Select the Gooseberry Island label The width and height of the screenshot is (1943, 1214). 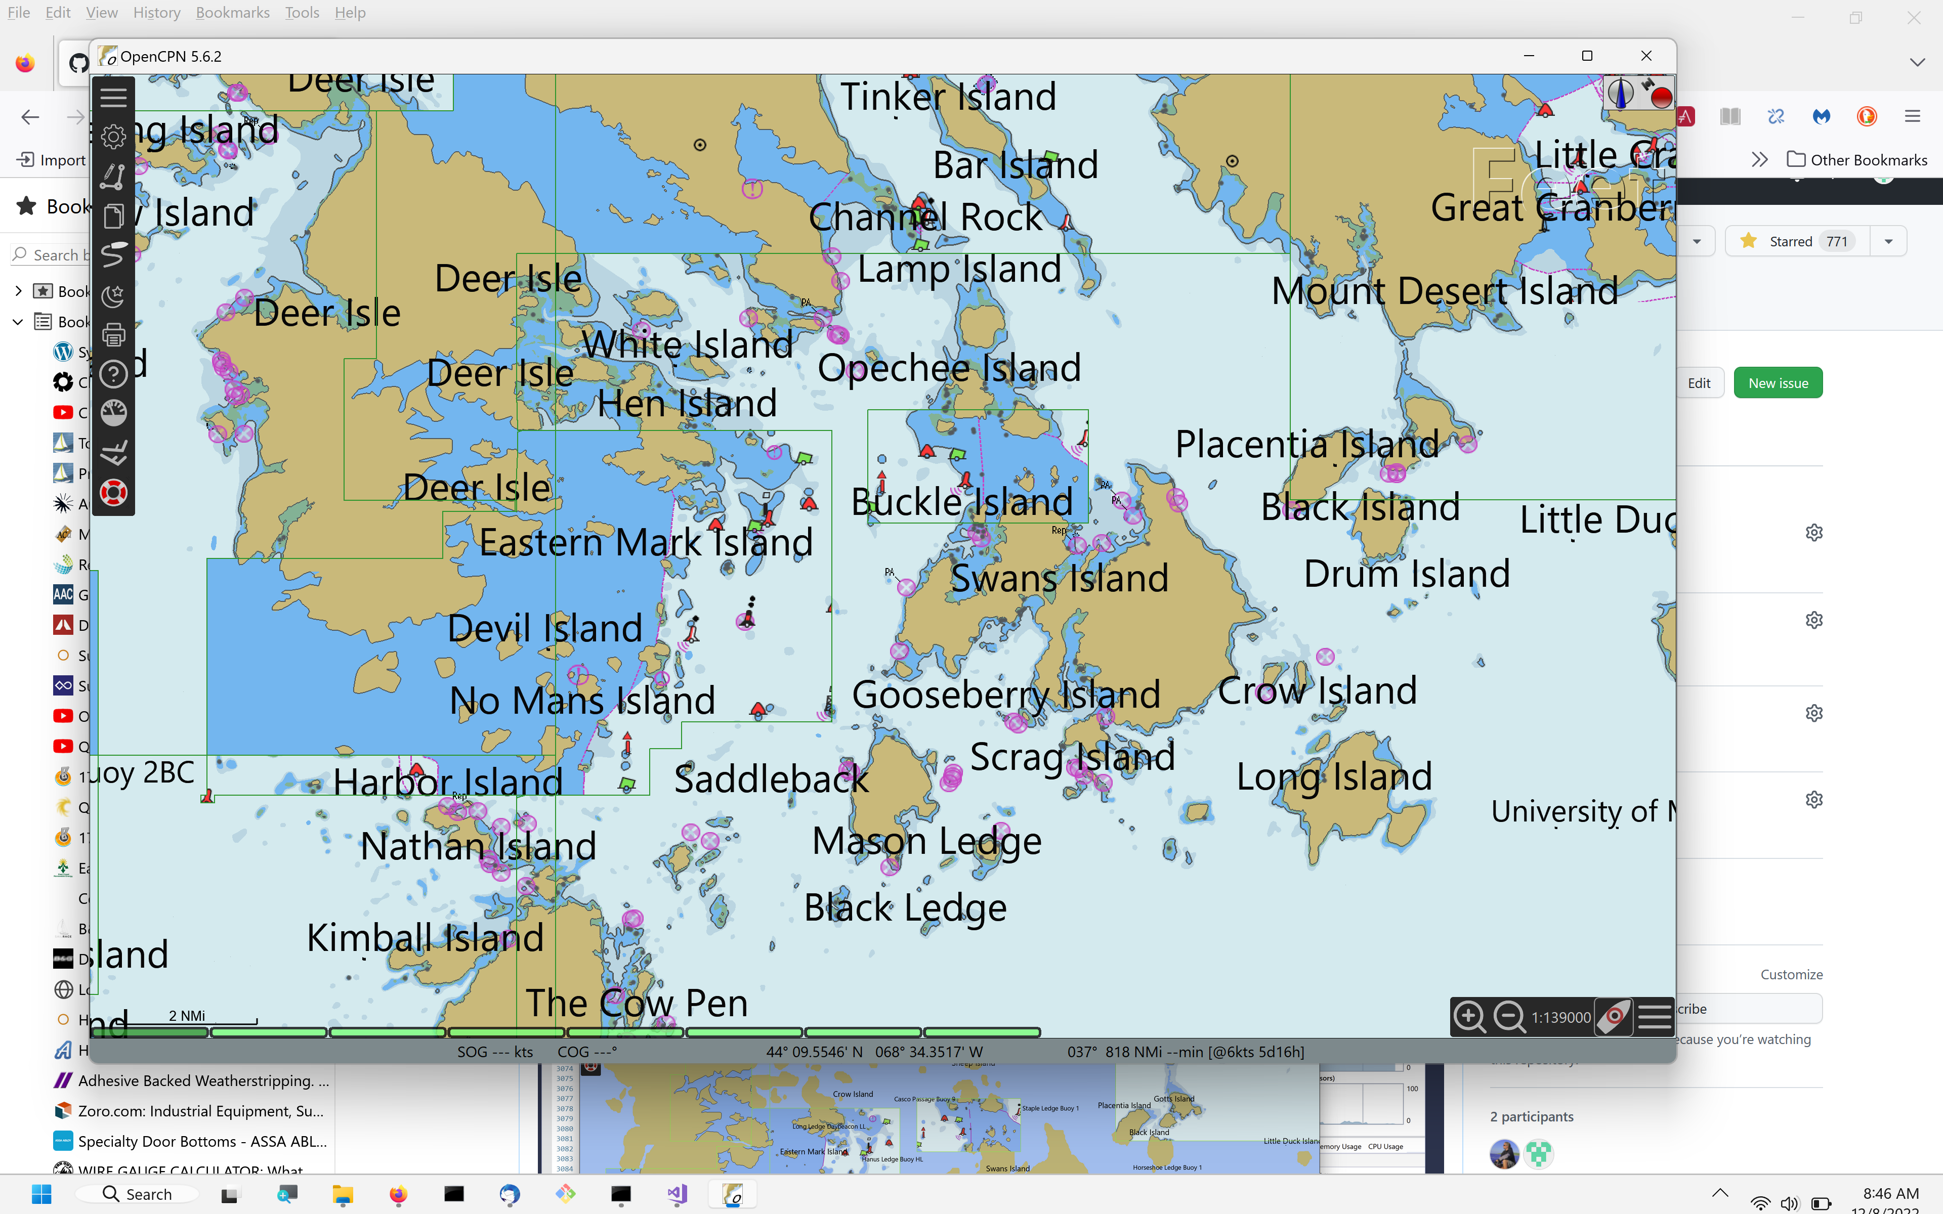point(1005,695)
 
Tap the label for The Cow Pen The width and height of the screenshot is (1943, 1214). point(636,1003)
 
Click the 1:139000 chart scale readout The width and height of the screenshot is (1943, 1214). point(1560,1017)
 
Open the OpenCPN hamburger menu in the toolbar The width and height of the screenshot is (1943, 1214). point(113,97)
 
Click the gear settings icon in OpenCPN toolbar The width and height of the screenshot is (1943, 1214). point(113,137)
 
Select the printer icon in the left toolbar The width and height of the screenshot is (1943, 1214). point(113,335)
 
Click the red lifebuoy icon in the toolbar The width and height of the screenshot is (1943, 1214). point(113,492)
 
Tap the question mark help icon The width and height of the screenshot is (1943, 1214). point(113,374)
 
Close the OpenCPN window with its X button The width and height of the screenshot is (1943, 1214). point(1646,56)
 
